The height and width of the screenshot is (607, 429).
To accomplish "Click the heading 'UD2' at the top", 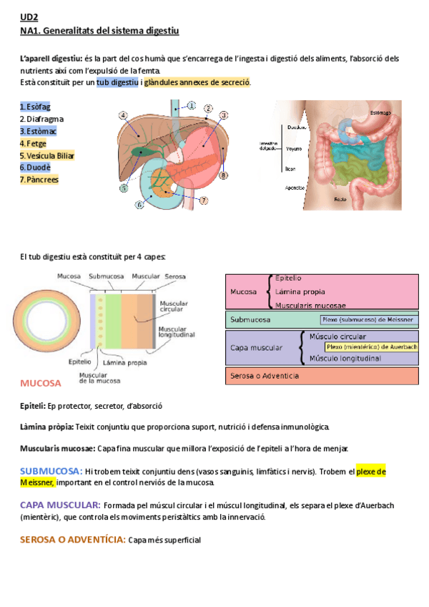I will click(x=29, y=18).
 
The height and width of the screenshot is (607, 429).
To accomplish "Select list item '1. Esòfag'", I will click(x=35, y=107).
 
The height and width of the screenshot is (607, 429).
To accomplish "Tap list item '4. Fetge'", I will click(x=33, y=143).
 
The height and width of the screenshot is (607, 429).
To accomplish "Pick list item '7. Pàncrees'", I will click(x=39, y=180).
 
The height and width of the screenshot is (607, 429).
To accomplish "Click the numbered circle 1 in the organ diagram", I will click(x=192, y=105).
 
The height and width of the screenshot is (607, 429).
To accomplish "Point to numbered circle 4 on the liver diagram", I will click(x=124, y=115).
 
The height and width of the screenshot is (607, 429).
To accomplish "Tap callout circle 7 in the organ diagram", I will click(x=204, y=200).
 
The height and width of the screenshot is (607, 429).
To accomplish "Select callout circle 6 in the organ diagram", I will click(x=139, y=205).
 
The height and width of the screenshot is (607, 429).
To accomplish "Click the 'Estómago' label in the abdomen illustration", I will click(x=381, y=112).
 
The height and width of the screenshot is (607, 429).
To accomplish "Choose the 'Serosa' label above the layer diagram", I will click(x=175, y=276).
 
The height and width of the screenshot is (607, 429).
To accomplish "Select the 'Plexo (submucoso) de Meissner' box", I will click(x=368, y=320).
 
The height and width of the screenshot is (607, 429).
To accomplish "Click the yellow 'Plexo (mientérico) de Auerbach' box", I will click(x=370, y=347).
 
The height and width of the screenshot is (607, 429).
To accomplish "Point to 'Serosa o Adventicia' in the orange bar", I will click(x=265, y=376).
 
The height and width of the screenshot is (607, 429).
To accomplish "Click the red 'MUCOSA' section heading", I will click(x=41, y=384).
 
